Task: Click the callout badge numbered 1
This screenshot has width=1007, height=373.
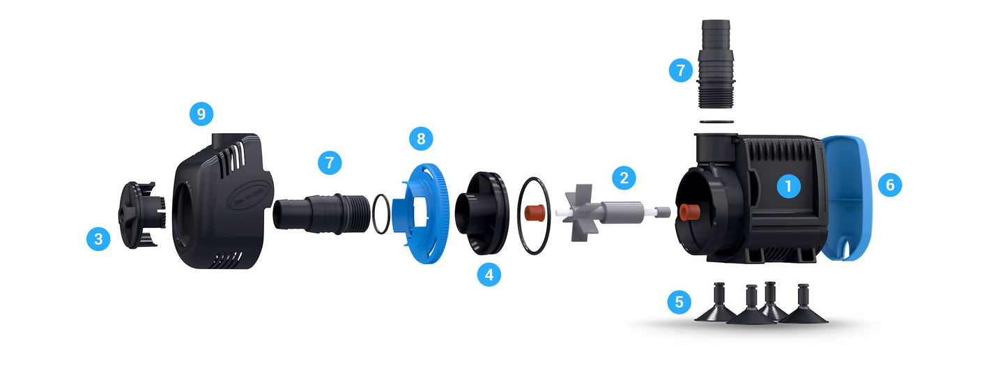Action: click(788, 185)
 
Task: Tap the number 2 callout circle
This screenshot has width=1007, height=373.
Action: click(624, 178)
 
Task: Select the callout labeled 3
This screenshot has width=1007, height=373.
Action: click(98, 238)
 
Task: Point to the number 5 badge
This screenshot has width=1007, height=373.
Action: click(679, 301)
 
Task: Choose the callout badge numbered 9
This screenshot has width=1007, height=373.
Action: click(201, 114)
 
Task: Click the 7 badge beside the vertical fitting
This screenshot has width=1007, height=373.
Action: click(681, 70)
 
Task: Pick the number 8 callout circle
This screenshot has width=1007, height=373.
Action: click(421, 138)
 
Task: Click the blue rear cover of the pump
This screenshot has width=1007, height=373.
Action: click(847, 198)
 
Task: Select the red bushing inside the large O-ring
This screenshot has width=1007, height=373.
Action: click(535, 213)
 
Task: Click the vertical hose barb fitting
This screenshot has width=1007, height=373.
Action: click(716, 63)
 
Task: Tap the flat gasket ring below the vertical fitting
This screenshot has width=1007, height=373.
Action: click(716, 121)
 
